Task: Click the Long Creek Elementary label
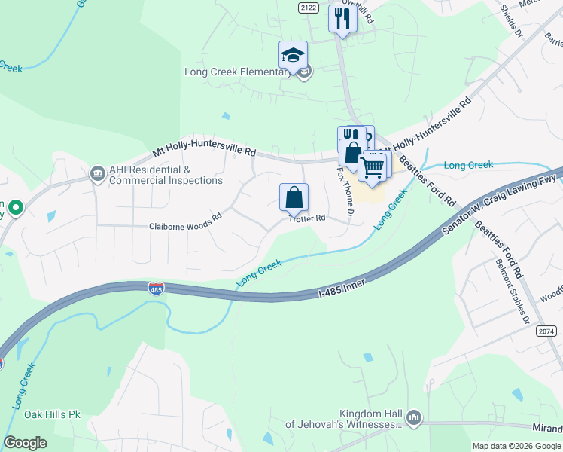(x=238, y=72)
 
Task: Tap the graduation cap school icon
(x=293, y=54)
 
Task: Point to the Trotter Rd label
(x=307, y=218)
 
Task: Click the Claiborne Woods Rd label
(x=185, y=226)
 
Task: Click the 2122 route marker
(x=309, y=8)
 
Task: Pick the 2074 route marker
(x=547, y=331)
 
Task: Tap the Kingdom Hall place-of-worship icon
(x=413, y=417)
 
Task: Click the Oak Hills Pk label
(x=52, y=414)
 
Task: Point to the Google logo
(x=25, y=443)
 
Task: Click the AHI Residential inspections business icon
(x=97, y=174)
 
